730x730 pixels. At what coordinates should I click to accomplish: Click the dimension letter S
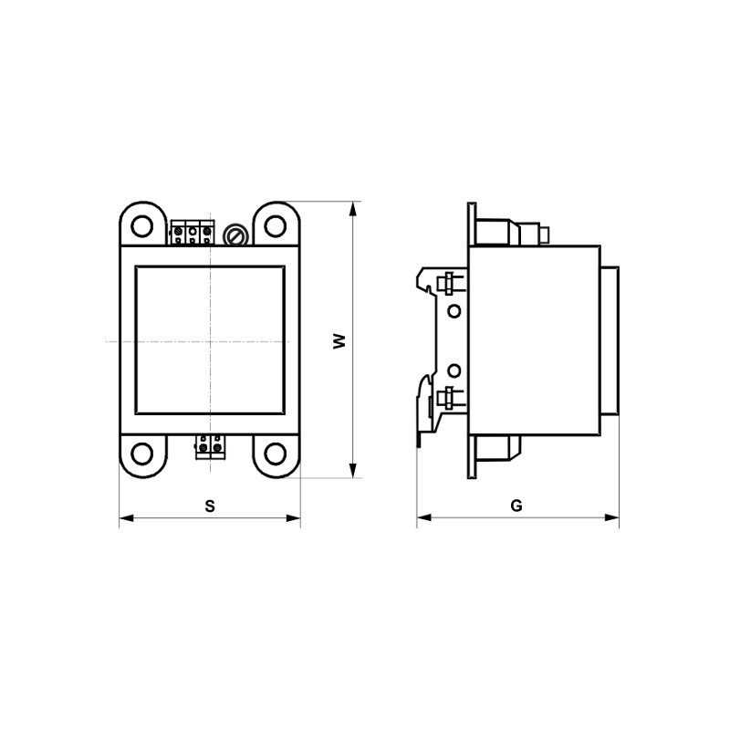pyautogui.click(x=209, y=506)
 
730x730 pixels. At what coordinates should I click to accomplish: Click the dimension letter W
pyautogui.click(x=339, y=340)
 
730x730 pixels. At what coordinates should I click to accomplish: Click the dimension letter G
pyautogui.click(x=516, y=506)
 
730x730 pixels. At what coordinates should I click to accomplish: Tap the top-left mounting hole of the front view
pyautogui.click(x=141, y=224)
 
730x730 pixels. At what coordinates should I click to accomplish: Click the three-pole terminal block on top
pyautogui.click(x=193, y=234)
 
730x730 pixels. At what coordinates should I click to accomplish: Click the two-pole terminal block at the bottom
pyautogui.click(x=210, y=446)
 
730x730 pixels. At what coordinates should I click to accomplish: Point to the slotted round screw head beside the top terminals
pyautogui.click(x=235, y=236)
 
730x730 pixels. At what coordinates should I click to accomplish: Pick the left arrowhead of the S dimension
pyautogui.click(x=126, y=519)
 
